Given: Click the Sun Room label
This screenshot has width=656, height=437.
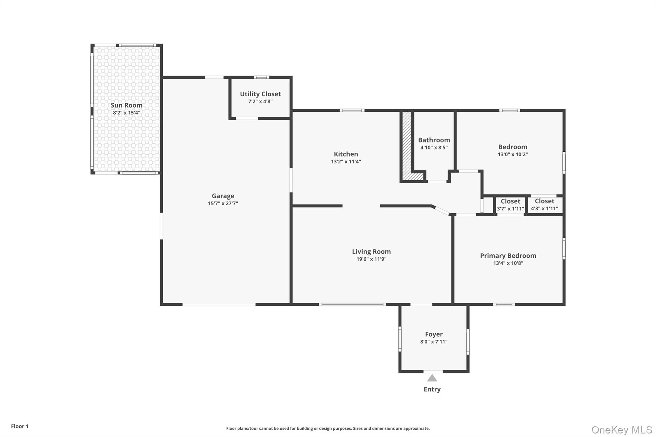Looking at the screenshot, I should coord(127,105).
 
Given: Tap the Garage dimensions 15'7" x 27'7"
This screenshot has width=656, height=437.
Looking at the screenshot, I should coord(223,203).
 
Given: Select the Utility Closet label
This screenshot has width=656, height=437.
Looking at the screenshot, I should coord(260,94).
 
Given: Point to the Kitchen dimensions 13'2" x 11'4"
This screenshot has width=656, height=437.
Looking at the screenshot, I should coord(346,162).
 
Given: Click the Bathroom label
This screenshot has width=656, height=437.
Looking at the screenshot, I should coord(434,140).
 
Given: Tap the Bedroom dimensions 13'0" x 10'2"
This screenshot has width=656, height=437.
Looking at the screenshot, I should coord(512,154).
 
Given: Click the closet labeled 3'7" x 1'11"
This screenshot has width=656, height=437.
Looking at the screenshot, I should coord(510,205).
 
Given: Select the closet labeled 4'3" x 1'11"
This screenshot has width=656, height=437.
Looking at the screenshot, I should coord(544,205).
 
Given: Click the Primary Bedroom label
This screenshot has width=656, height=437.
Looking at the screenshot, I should coord(508,255).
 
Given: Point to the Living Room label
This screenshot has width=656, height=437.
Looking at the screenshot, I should coord(371,252).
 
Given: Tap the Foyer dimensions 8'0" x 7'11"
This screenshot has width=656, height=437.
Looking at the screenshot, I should coord(434,342).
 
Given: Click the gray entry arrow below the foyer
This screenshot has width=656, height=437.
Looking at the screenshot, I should coord(432,378).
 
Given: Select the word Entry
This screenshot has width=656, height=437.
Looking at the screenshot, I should coord(432,389).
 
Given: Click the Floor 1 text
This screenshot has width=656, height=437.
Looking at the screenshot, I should coord(20,426).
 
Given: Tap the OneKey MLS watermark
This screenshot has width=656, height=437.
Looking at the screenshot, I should coord(621,430).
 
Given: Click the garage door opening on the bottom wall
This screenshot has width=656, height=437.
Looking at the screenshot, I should coord(219,304).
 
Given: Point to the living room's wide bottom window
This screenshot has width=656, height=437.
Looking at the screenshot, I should coord(352,304).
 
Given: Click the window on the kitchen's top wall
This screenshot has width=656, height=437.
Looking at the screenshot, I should coord(352,110).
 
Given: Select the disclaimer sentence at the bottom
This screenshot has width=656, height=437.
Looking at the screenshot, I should coord(328,428).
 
